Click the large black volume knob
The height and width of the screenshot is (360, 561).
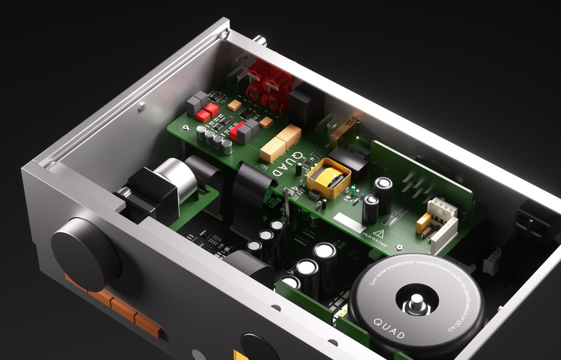(86, 254)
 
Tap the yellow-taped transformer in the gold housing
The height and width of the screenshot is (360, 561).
(328, 178)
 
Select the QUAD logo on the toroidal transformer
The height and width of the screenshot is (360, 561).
(389, 328)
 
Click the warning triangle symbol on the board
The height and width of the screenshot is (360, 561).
(378, 234)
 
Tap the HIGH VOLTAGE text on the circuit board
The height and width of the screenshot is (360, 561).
(375, 239)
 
